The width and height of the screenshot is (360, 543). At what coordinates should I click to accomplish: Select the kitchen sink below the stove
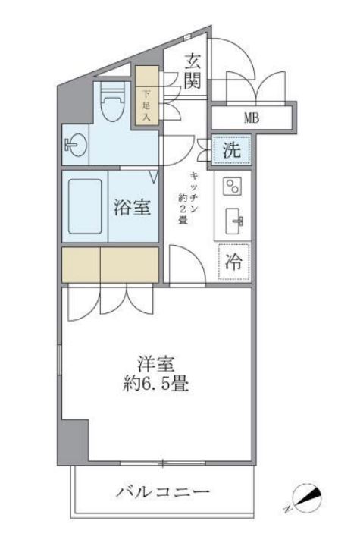click(232, 221)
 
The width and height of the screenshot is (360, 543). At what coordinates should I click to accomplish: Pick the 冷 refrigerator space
click(233, 262)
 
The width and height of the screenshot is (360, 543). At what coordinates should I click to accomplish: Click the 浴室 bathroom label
click(132, 207)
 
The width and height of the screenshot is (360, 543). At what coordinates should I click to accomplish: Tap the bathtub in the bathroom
click(85, 206)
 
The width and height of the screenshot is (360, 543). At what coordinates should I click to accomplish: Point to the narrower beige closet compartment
click(80, 263)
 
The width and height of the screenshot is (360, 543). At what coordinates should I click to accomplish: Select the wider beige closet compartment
click(129, 263)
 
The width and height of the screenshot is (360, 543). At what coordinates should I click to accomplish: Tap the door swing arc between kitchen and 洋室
click(183, 265)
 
